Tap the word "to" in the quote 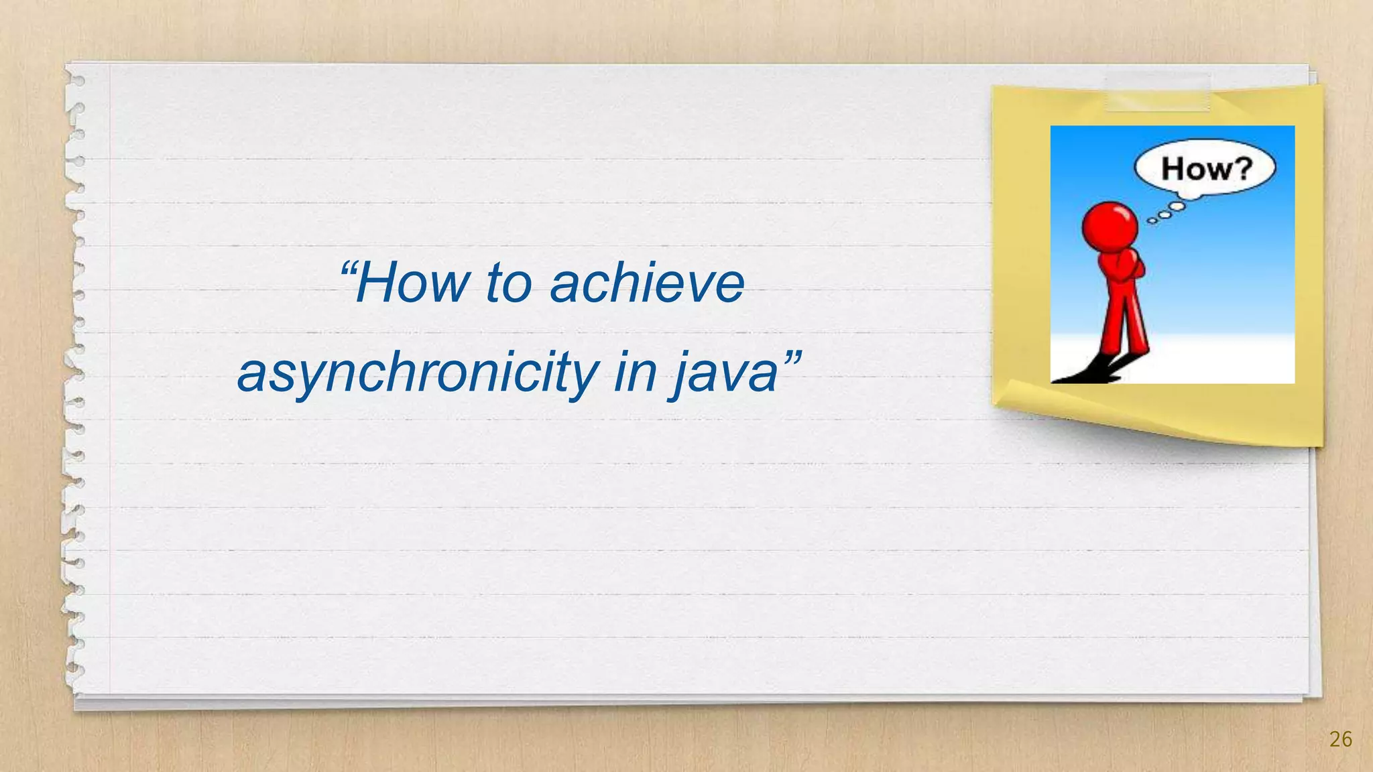(508, 283)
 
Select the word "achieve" (647, 283)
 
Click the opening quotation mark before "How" (349, 270)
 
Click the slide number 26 (1340, 739)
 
